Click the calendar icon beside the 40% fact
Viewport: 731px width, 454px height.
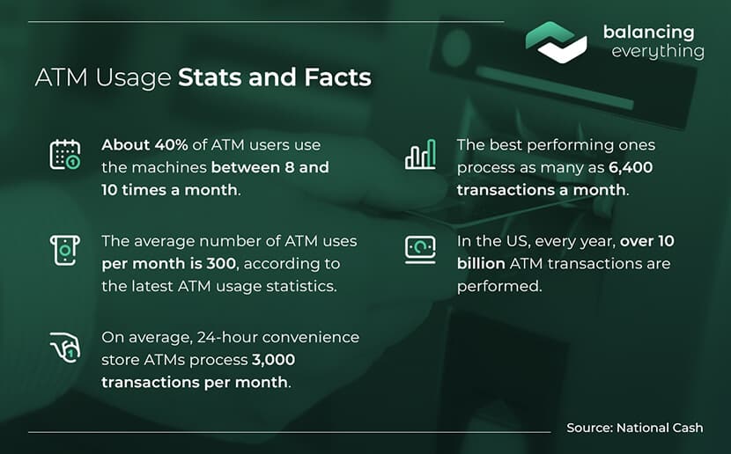click(x=65, y=154)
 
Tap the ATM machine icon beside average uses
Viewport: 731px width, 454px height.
click(x=65, y=251)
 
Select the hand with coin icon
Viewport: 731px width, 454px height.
click(x=65, y=348)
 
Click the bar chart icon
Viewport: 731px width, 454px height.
click(x=420, y=154)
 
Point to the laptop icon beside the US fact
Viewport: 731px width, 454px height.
click(x=420, y=250)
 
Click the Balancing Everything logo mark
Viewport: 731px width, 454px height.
click(x=556, y=42)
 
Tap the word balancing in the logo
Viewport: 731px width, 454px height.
click(x=648, y=33)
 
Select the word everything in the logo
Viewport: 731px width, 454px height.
click(x=658, y=51)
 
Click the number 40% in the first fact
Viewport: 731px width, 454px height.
click(x=171, y=145)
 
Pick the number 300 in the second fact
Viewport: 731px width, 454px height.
click(x=221, y=264)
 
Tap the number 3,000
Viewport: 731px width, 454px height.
click(x=274, y=360)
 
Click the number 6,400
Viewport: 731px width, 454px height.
click(x=631, y=168)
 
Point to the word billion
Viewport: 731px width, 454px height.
click(x=481, y=264)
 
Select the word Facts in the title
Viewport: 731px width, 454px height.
click(x=338, y=77)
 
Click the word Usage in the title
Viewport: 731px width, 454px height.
click(x=133, y=77)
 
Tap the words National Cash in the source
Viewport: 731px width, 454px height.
click(x=660, y=428)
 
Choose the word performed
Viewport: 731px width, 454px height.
click(x=499, y=286)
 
